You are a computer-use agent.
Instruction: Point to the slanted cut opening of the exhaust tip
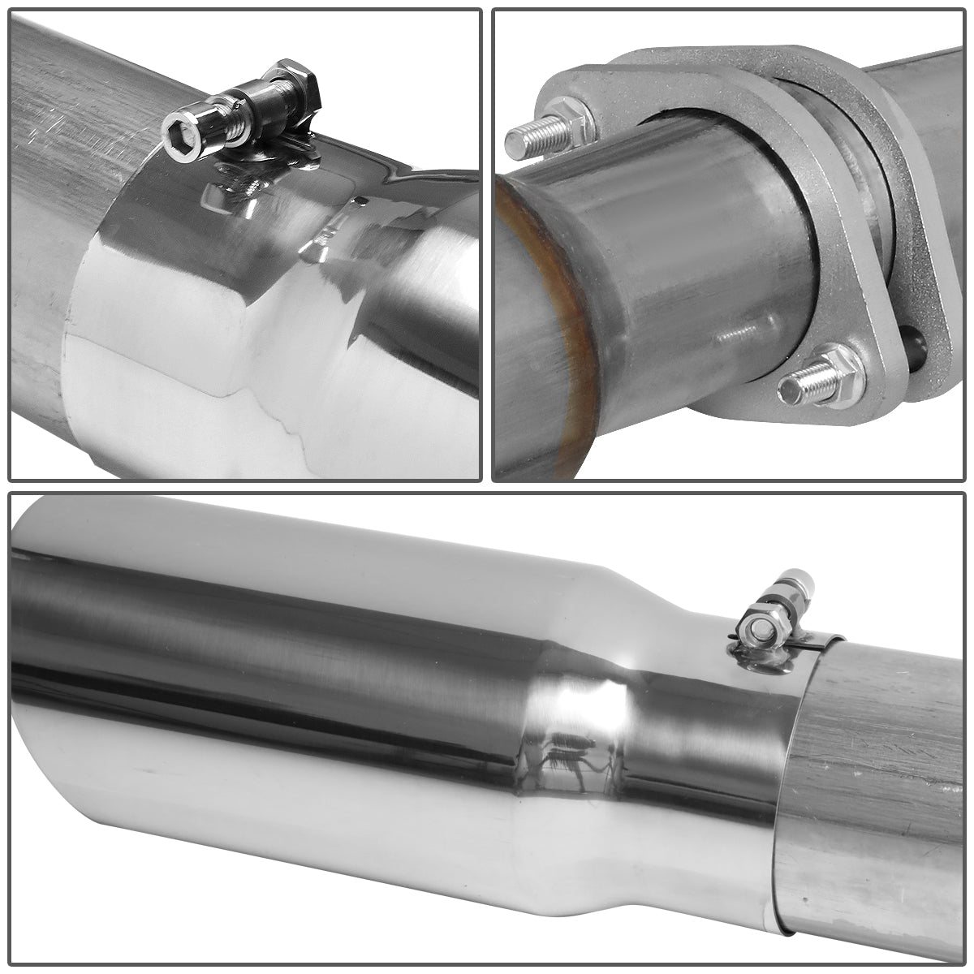coord(32,730)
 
